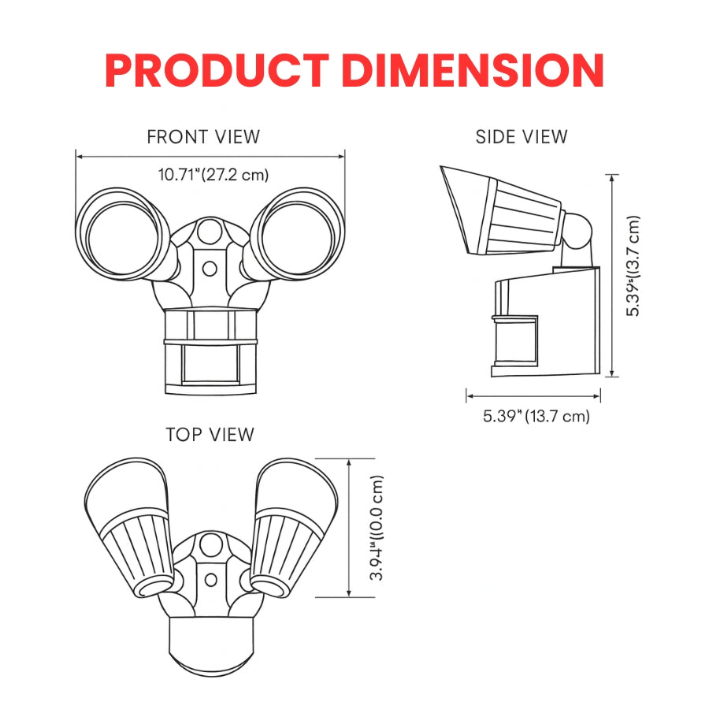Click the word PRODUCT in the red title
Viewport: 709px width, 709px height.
click(x=217, y=71)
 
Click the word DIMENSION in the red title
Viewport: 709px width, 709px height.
click(x=473, y=71)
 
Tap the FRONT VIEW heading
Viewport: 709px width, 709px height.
click(x=203, y=137)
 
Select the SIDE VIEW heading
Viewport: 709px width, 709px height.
click(x=522, y=137)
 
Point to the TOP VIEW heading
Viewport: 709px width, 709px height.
click(x=210, y=435)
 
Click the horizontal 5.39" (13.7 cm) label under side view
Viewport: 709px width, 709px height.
click(x=536, y=416)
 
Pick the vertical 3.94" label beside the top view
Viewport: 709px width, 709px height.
click(x=377, y=528)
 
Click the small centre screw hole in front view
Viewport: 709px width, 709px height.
click(x=209, y=269)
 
